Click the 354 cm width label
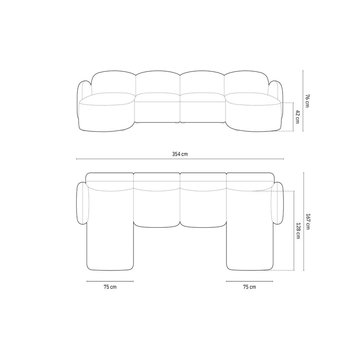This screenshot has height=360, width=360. pyautogui.click(x=180, y=154)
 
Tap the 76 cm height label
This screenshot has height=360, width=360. pyautogui.click(x=307, y=100)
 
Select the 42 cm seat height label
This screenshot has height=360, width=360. pyautogui.click(x=298, y=117)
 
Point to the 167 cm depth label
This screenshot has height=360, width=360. pyautogui.click(x=308, y=221)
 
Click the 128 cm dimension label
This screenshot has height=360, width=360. pyautogui.click(x=298, y=231)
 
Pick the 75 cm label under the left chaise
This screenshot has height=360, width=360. pyautogui.click(x=110, y=287)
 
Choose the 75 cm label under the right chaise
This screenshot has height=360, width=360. pyautogui.click(x=249, y=287)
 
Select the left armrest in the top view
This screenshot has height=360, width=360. pyautogui.click(x=82, y=203)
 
